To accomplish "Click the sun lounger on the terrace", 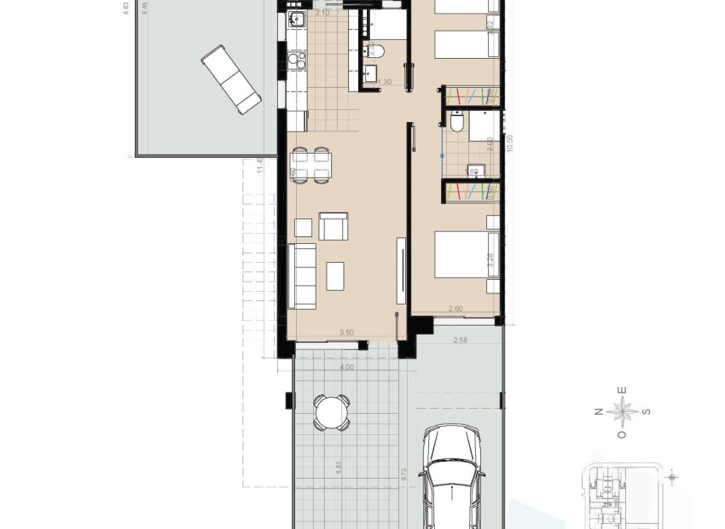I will point(231,79).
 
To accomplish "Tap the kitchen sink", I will point(296,20).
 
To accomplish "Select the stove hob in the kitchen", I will point(298,61).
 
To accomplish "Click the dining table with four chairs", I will point(310,166).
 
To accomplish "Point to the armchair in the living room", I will point(333,227).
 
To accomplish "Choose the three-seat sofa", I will point(302,276).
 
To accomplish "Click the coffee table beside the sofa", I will point(335,276).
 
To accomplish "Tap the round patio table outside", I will point(331,413).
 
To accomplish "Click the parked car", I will point(452,478).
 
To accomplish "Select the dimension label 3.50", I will point(346,333).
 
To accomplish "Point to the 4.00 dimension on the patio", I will point(346,368).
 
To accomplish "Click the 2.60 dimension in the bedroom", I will point(456,309).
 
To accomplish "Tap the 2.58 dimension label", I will point(461,340).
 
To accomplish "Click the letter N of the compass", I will point(599,412).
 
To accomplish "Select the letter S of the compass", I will point(647,412).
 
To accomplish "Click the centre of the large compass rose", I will point(623,412).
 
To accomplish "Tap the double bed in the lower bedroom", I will point(466,254).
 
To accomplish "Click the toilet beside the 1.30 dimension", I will point(376,52).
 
